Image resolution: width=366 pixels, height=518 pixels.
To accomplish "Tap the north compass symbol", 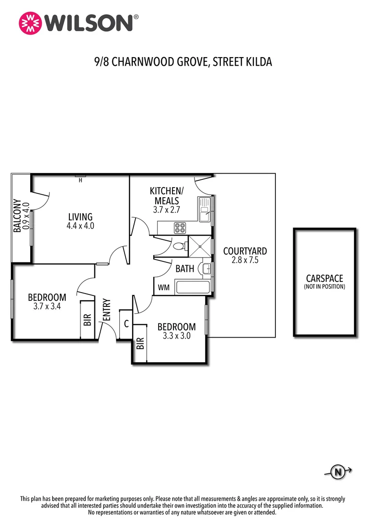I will [x=338, y=472].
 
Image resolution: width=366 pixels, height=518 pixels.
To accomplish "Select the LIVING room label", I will [x=80, y=217].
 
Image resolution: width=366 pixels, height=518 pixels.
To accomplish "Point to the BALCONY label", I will [x=17, y=216].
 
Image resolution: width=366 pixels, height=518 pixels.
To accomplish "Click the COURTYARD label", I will [x=245, y=251].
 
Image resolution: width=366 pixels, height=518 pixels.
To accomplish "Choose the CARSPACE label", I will [x=324, y=279].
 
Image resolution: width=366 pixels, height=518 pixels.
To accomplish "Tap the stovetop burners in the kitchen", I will [x=180, y=228].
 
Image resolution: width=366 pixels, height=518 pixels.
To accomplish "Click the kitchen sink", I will [x=205, y=210].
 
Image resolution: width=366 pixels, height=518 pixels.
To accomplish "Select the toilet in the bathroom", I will [x=179, y=247].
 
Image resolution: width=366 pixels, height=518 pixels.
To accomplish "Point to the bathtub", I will [x=193, y=288].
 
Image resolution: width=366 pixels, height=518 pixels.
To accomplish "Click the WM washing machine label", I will [x=163, y=288].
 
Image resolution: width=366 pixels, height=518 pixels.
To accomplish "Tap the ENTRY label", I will [x=107, y=310].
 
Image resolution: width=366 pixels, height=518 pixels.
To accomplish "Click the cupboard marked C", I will [x=126, y=324].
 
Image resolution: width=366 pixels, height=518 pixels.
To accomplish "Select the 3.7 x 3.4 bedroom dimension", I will [x=47, y=306].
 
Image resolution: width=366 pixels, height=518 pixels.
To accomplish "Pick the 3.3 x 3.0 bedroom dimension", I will [x=176, y=336].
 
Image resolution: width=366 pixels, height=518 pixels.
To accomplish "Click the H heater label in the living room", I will [x=80, y=180].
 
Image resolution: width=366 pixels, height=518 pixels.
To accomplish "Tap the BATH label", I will [x=184, y=269].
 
